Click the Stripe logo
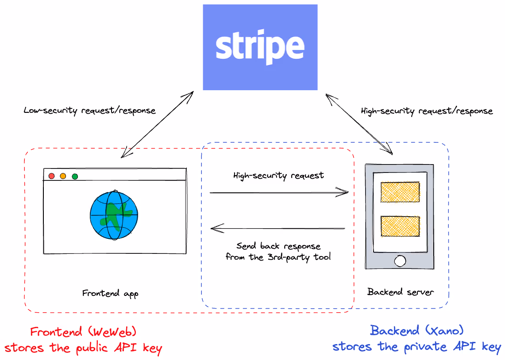(x=260, y=47)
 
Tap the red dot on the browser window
(x=51, y=176)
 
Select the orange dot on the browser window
(x=63, y=176)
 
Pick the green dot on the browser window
(x=75, y=176)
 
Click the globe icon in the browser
(x=114, y=215)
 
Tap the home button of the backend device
(x=400, y=261)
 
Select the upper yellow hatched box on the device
(x=400, y=192)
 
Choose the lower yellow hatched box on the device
(x=400, y=226)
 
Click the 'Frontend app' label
(x=110, y=293)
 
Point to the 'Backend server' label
(x=401, y=292)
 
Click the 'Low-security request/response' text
(x=89, y=111)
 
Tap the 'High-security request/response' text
(x=427, y=111)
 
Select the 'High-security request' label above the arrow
(x=278, y=176)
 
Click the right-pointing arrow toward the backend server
(x=279, y=192)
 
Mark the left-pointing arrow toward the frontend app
(x=278, y=228)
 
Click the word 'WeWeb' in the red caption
(x=112, y=331)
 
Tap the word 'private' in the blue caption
(x=425, y=347)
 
